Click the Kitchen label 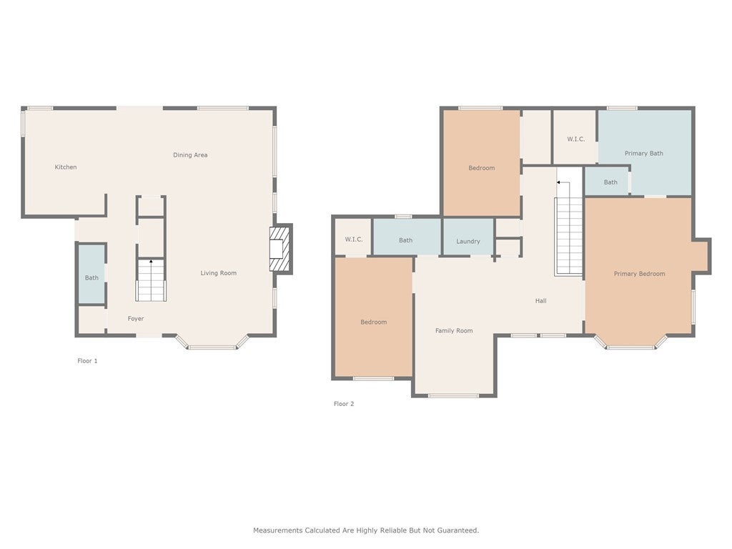[66, 167]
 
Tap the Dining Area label [190, 155]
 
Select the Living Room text [219, 273]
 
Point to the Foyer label [136, 318]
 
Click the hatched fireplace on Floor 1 [280, 249]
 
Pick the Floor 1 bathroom [91, 274]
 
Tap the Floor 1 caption [87, 361]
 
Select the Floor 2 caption [344, 404]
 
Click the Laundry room [468, 237]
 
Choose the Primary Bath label [644, 153]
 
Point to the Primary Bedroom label [640, 274]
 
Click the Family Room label [454, 330]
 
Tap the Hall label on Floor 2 [540, 301]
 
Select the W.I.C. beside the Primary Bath [576, 139]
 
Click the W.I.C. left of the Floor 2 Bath [354, 239]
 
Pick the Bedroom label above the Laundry [482, 168]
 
